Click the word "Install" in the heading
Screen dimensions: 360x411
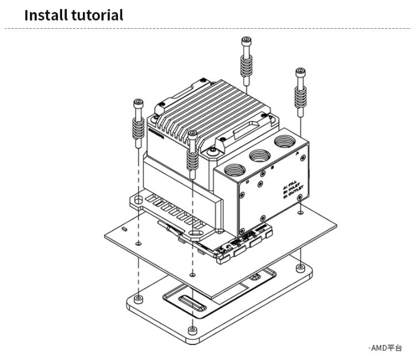(46, 15)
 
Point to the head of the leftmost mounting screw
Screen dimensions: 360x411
(138, 104)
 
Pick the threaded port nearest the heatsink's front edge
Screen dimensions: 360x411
(232, 170)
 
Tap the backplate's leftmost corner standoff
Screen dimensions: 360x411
(138, 299)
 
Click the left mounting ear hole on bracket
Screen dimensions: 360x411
(138, 200)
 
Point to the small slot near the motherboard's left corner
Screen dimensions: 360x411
(125, 229)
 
